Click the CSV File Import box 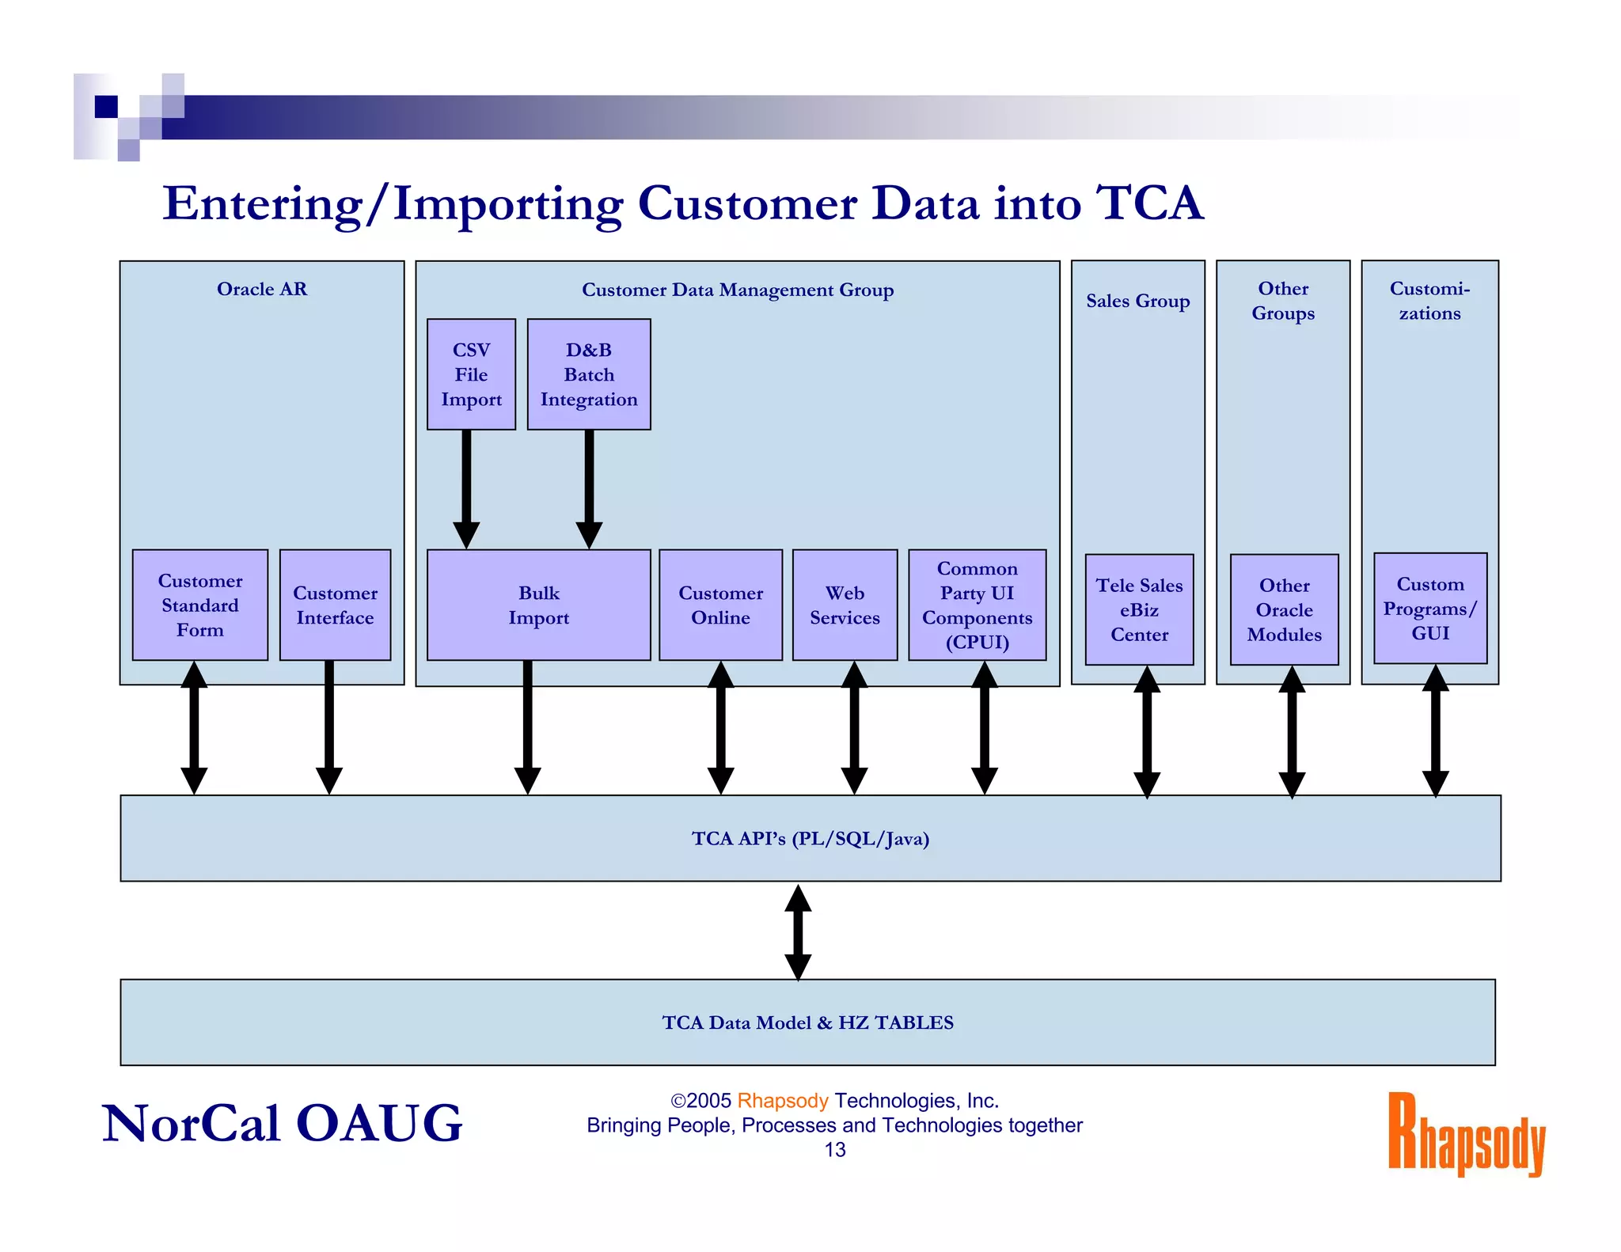pyautogui.click(x=471, y=374)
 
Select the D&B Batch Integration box pyautogui.click(x=589, y=374)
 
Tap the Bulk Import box pyautogui.click(x=538, y=605)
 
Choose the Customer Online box pyautogui.click(x=720, y=605)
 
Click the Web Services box pyautogui.click(x=845, y=605)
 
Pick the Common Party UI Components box pyautogui.click(x=977, y=605)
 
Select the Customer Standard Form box pyautogui.click(x=200, y=605)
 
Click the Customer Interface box pyautogui.click(x=335, y=605)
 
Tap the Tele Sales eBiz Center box pyautogui.click(x=1139, y=609)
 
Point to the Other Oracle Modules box pyautogui.click(x=1284, y=609)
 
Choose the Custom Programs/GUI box pyautogui.click(x=1430, y=609)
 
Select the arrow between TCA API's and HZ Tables pyautogui.click(x=798, y=931)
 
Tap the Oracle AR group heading pyautogui.click(x=262, y=289)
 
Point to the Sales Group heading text pyautogui.click(x=1137, y=301)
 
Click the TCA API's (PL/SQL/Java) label pyautogui.click(x=810, y=838)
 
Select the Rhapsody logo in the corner pyautogui.click(x=1466, y=1133)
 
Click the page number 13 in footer pyautogui.click(x=835, y=1150)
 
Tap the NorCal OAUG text pyautogui.click(x=282, y=1123)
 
